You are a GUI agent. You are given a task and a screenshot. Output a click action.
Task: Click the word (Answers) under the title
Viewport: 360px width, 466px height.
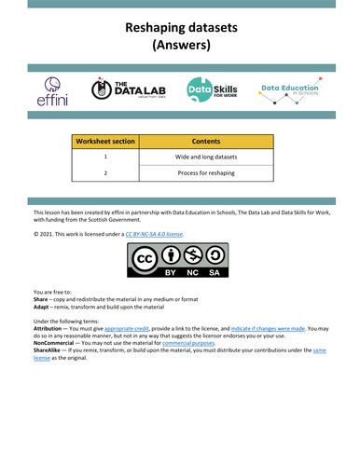pos(181,44)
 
